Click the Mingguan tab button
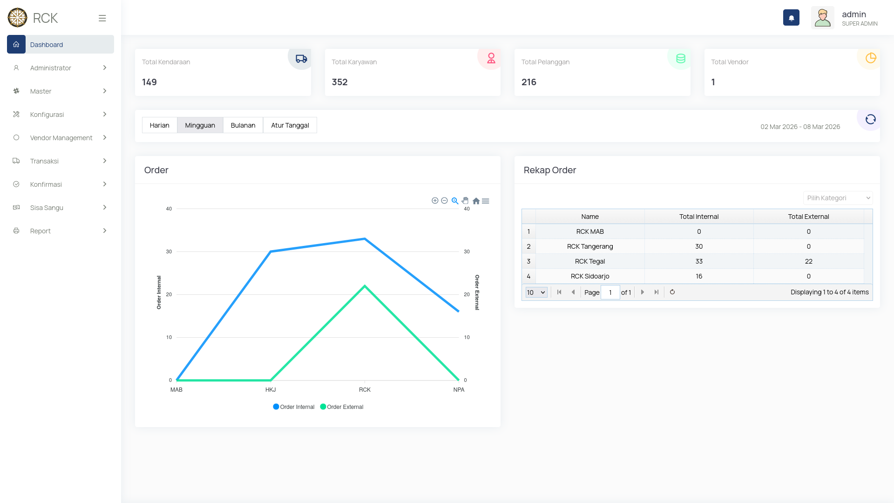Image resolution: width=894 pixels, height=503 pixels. tap(200, 125)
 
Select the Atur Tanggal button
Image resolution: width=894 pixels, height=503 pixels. tap(290, 125)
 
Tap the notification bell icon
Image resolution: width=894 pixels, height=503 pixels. tap(791, 18)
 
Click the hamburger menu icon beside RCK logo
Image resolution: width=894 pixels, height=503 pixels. tap(102, 18)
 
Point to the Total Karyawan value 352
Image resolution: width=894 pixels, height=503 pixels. tap(339, 82)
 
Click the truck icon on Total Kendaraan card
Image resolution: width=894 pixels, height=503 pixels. tap(301, 59)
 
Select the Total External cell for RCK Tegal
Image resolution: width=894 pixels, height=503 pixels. tap(808, 261)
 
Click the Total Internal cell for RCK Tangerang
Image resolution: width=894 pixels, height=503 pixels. tap(698, 246)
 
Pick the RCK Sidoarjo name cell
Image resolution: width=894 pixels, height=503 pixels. tap(589, 276)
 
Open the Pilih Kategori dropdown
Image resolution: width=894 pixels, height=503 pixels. tap(838, 198)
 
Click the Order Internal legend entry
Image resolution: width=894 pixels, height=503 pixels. tap(294, 407)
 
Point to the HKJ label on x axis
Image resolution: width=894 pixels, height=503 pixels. tap(271, 390)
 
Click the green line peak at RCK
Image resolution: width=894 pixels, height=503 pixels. tap(365, 286)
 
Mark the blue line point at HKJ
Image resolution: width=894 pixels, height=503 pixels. tap(271, 251)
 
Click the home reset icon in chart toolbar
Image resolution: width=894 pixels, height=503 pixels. tap(476, 201)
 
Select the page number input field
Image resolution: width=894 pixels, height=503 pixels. tap(610, 292)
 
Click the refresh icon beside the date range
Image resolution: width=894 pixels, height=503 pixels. tap(870, 120)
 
